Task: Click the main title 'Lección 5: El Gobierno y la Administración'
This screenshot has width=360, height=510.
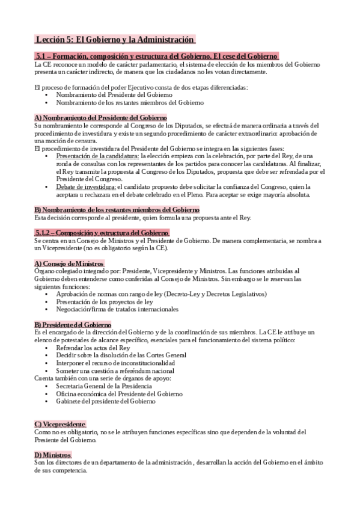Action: coord(115,40)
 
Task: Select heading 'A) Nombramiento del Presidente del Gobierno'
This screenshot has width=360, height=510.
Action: coord(100,118)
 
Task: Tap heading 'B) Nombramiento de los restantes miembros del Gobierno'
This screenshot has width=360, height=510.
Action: coord(117,209)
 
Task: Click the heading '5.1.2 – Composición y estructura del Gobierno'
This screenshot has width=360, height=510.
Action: coord(102,232)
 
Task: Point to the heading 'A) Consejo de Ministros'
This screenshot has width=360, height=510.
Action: coord(70,263)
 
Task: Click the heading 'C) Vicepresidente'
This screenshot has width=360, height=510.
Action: coord(60,424)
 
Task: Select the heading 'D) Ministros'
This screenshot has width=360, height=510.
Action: coord(53,455)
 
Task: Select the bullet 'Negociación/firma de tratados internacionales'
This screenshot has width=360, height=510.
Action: coord(117,309)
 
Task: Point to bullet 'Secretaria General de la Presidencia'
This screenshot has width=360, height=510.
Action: coord(104,386)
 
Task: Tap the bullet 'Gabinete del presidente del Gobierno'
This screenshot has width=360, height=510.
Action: coord(106,401)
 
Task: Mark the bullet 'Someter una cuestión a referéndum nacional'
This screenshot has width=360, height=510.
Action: coord(115,371)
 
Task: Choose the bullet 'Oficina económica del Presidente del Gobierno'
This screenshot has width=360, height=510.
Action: coord(120,393)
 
